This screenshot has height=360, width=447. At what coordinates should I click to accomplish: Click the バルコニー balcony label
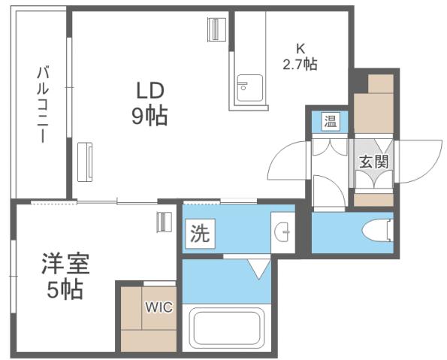(42, 105)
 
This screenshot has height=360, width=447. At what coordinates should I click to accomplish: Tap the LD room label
(150, 89)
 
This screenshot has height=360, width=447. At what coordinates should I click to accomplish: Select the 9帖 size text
(150, 116)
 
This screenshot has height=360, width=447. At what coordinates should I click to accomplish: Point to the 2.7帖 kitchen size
(300, 65)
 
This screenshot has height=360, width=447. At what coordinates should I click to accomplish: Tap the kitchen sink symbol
(249, 89)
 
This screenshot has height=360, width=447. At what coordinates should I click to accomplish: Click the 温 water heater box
(330, 120)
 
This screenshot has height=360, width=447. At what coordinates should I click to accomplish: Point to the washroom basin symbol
(283, 233)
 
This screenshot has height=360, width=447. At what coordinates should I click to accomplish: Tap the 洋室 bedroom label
(65, 265)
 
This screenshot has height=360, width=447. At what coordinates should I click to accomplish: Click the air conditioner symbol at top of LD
(216, 29)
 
